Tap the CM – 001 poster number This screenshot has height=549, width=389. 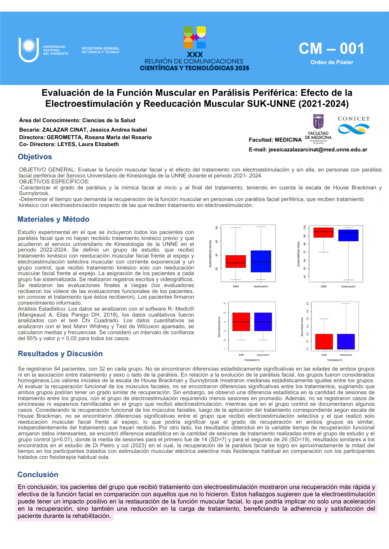point(331,49)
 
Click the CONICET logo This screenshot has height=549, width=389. point(354,125)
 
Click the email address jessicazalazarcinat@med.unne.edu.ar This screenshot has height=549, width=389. point(318,150)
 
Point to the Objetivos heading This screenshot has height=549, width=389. point(35,157)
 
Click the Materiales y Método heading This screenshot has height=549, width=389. point(53,219)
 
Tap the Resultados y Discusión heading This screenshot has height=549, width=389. point(60,354)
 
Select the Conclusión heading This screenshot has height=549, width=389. point(38,475)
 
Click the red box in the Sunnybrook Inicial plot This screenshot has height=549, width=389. point(236,261)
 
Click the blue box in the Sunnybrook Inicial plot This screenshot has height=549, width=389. point(261,261)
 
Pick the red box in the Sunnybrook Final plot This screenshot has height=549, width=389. point(323,232)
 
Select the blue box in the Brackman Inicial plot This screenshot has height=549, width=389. point(263,322)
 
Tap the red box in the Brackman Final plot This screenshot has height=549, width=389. point(324,341)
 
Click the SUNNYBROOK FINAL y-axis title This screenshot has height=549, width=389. point(298,254)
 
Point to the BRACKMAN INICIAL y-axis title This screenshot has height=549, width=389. point(219,327)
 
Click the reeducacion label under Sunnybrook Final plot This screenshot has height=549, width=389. point(348,286)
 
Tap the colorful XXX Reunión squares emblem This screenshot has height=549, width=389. point(195,37)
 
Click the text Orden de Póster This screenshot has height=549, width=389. point(332,62)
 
